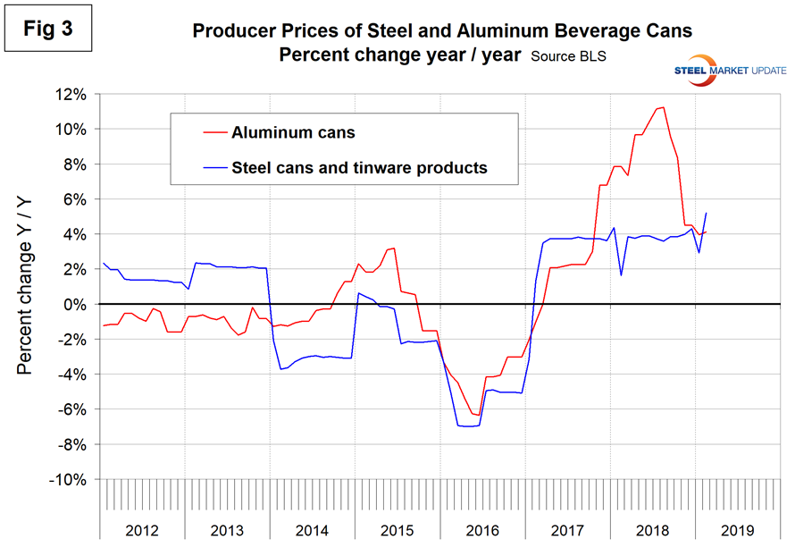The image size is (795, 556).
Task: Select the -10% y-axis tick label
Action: pos(73,480)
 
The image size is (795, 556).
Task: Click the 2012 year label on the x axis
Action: pos(142,530)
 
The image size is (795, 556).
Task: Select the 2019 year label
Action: pos(737,530)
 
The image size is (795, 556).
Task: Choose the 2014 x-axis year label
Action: pos(312,530)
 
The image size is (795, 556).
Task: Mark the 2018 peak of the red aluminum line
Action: pos(661,107)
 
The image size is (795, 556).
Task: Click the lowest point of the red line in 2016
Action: pos(479,415)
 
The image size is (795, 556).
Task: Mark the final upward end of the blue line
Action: pos(707,213)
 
